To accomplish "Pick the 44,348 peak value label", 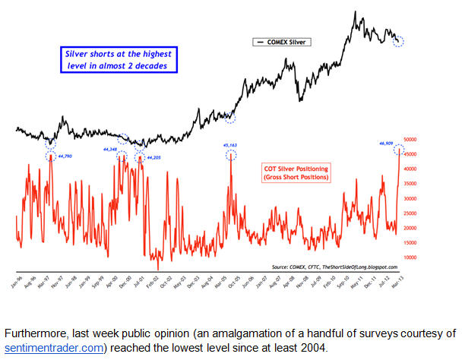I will (x=112, y=150).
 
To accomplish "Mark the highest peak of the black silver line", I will (x=354, y=12).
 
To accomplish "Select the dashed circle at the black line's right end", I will (x=399, y=41).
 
